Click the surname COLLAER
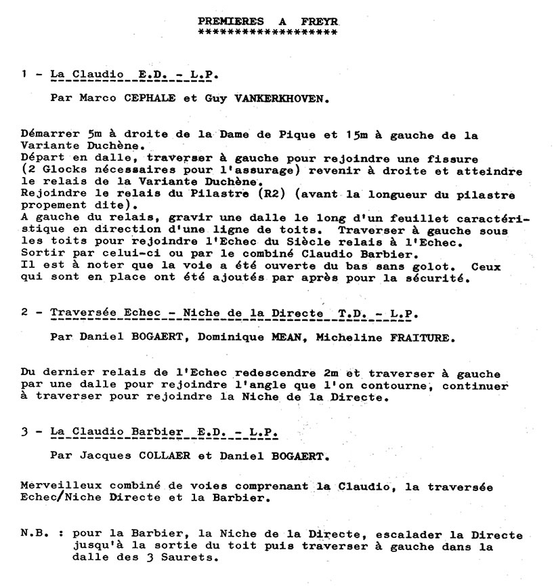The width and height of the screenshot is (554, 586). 144,456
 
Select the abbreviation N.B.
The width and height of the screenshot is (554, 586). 35,534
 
